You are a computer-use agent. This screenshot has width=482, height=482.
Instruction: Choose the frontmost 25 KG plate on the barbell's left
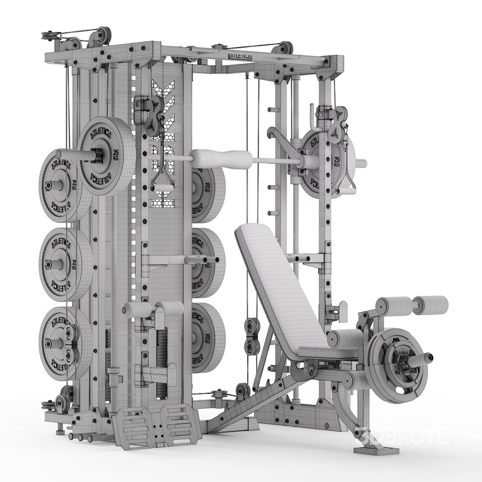105,155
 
